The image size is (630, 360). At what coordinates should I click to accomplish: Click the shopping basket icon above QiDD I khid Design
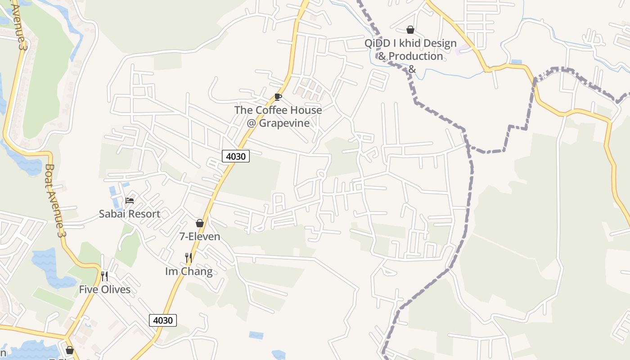(x=410, y=30)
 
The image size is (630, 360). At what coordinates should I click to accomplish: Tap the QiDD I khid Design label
(x=410, y=44)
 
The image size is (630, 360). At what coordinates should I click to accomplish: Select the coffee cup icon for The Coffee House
(x=278, y=97)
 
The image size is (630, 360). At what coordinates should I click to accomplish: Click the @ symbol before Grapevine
(x=251, y=123)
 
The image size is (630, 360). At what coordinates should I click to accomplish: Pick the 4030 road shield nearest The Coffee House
(x=235, y=156)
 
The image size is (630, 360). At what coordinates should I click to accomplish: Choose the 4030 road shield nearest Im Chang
(x=163, y=320)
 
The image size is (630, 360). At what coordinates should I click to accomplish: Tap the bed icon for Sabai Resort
(x=130, y=201)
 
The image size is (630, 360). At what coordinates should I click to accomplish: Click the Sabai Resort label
(x=130, y=214)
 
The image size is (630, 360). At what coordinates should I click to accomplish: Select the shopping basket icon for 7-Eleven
(x=200, y=223)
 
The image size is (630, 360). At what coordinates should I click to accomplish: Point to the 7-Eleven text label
(x=200, y=236)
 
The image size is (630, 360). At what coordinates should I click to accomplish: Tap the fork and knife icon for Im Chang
(x=189, y=258)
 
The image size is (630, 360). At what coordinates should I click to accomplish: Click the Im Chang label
(x=189, y=271)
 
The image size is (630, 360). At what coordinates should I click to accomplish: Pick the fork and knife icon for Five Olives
(x=104, y=276)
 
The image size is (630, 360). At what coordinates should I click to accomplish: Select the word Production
(x=416, y=56)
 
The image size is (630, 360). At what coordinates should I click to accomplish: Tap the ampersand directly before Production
(x=382, y=56)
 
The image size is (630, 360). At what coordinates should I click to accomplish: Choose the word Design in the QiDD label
(x=436, y=44)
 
